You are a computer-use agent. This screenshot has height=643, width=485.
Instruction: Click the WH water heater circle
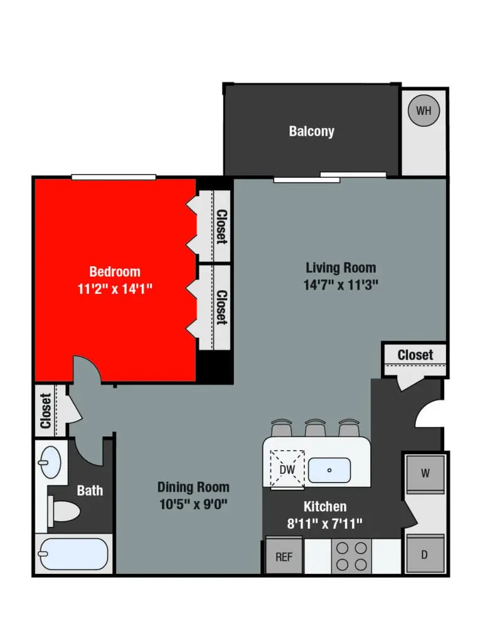[424, 111]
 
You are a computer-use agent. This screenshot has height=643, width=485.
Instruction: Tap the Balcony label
[311, 131]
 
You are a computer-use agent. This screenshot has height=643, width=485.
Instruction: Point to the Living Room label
[341, 268]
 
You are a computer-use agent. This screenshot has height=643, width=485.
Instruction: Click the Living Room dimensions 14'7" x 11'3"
[341, 284]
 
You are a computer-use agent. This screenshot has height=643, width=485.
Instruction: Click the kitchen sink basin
[329, 468]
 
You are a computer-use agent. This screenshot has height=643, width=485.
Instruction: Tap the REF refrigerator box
[284, 556]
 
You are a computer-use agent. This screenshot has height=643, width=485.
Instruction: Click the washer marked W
[425, 473]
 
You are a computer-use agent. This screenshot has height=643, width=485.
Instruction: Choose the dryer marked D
[425, 554]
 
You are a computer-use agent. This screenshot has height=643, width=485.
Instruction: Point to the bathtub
[73, 553]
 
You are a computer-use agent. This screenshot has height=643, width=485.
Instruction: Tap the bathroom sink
[49, 463]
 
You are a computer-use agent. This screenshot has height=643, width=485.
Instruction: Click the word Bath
[90, 490]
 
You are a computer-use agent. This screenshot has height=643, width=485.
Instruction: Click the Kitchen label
[325, 506]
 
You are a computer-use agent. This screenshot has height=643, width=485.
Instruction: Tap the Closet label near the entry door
[415, 355]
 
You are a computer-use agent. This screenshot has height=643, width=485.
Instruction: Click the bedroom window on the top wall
[113, 176]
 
